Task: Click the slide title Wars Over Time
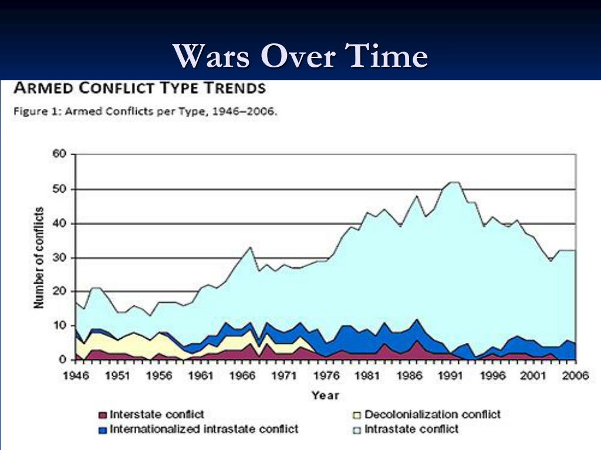[300, 57]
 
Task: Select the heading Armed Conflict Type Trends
[139, 88]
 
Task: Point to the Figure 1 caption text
[144, 112]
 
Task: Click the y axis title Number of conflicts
[39, 257]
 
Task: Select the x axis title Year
[325, 395]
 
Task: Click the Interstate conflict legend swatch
[102, 415]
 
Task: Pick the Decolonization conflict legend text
[432, 415]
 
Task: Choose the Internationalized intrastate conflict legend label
[204, 429]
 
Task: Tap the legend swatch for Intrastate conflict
[357, 429]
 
